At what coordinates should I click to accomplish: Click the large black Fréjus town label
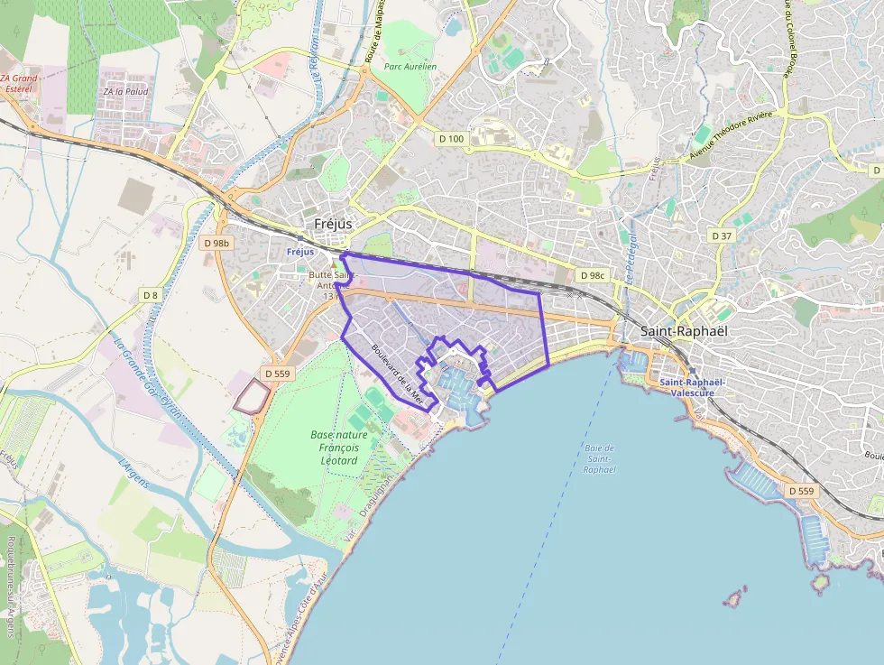tap(334, 224)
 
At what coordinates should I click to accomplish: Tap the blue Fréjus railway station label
tap(299, 252)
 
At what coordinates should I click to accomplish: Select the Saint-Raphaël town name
tap(683, 331)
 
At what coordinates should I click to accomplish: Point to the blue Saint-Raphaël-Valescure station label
tap(693, 387)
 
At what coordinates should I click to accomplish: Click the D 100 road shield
tap(450, 139)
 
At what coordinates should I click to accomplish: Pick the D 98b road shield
tap(217, 243)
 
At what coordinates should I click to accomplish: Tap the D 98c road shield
tap(593, 275)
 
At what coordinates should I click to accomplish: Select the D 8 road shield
tap(150, 295)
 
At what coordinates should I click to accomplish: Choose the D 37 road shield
tap(721, 236)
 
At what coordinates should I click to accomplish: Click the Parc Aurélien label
tap(410, 67)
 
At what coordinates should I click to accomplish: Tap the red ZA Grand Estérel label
tap(20, 84)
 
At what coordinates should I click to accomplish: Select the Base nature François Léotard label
tap(334, 448)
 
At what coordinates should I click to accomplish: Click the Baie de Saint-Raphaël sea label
tap(599, 458)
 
